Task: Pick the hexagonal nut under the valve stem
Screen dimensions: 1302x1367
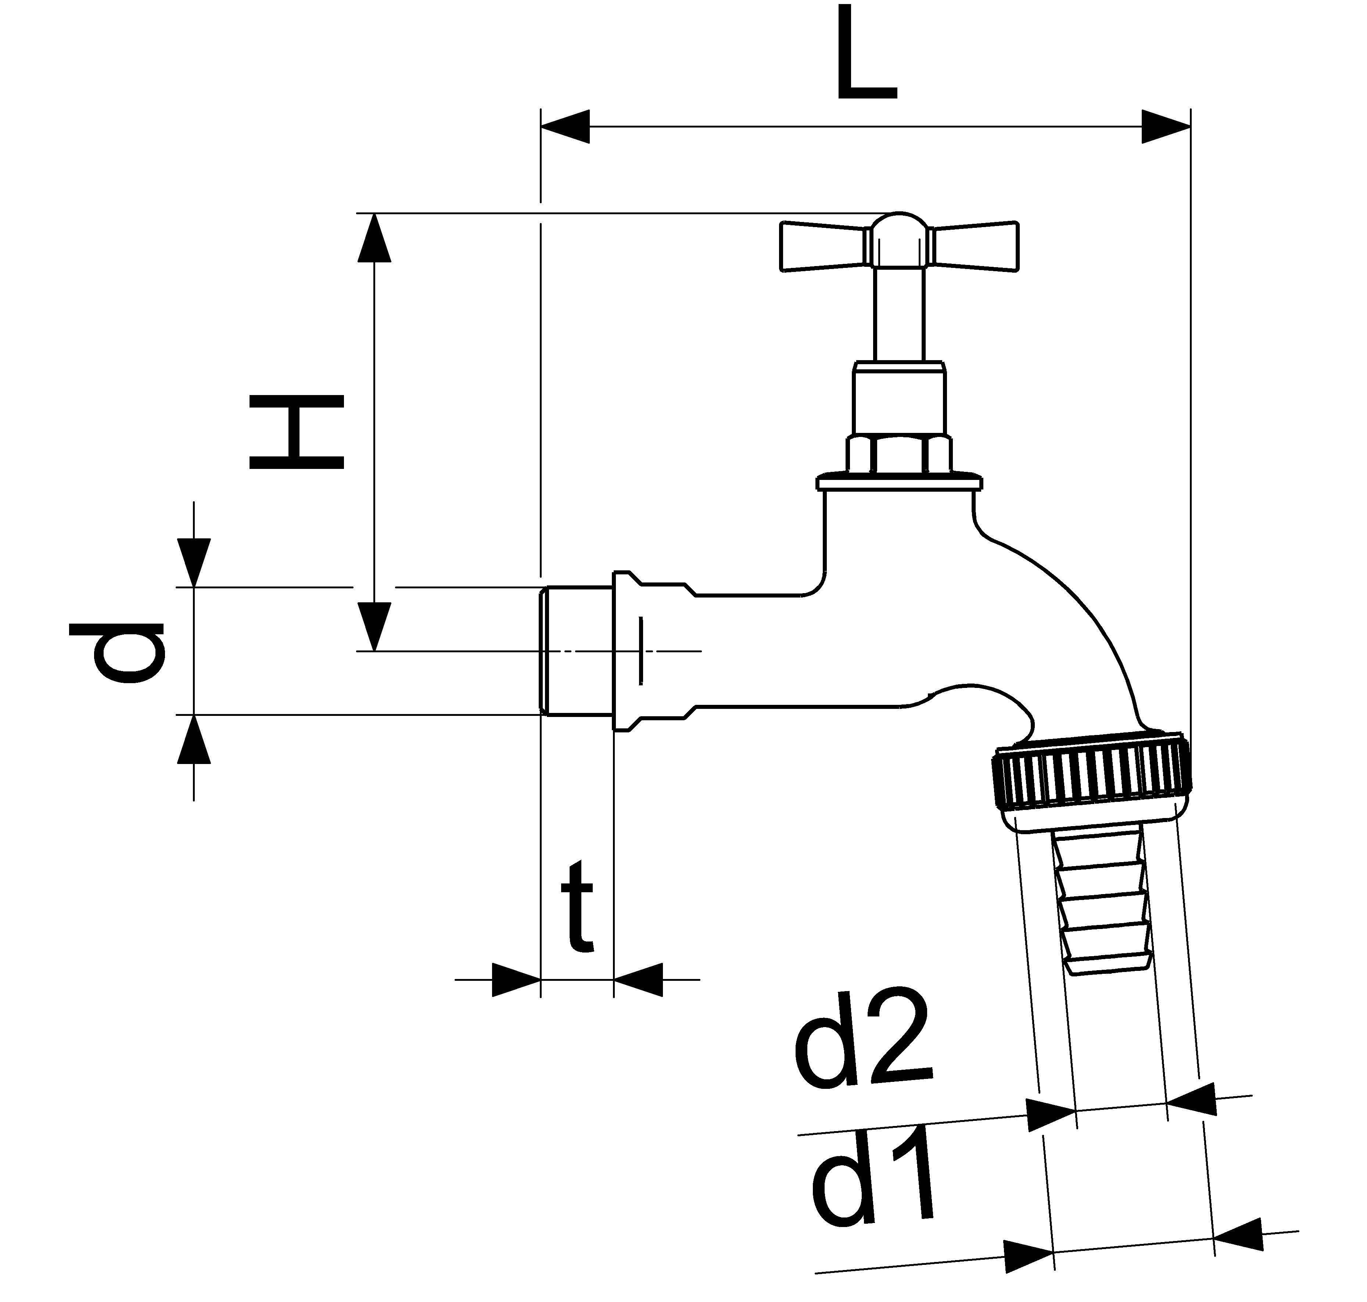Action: point(898,455)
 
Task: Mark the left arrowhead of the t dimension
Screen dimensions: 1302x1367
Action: point(516,979)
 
